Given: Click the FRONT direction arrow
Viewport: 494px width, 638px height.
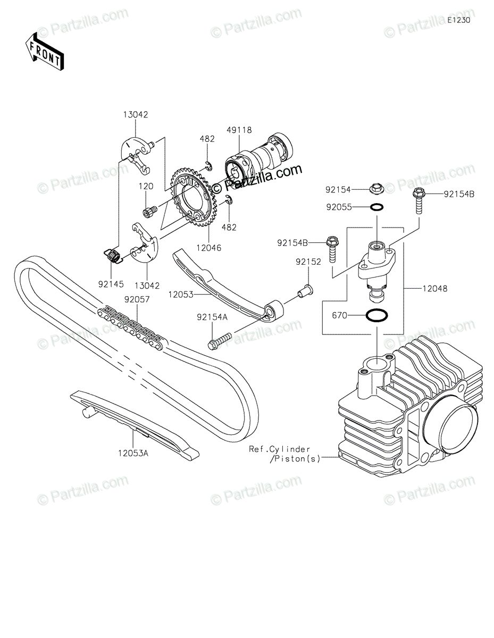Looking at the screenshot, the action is [45, 52].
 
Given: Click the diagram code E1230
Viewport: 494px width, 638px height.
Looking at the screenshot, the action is [459, 20].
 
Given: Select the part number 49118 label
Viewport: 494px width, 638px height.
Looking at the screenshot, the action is [239, 130].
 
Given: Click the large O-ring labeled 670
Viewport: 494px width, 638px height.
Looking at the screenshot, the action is [377, 315].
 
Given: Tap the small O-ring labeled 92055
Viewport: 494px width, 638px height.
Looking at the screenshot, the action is [376, 207].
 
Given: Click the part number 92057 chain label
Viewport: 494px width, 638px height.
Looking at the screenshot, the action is [137, 299].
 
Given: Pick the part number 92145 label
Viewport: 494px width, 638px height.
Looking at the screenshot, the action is [111, 284].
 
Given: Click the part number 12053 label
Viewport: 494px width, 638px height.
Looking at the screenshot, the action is [181, 294].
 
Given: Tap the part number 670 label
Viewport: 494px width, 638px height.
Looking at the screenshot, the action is [340, 315].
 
